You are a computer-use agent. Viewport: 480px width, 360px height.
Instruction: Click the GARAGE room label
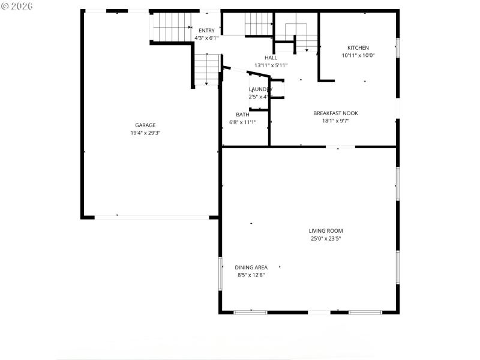pyautogui.click(x=145, y=125)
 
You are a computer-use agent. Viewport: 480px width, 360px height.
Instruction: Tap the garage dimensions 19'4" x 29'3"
pyautogui.click(x=145, y=133)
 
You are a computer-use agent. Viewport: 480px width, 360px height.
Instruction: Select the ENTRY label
pyautogui.click(x=206, y=31)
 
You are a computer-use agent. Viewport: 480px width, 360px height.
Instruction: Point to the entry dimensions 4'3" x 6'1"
pyautogui.click(x=206, y=38)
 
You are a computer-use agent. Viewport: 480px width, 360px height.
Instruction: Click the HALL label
pyautogui.click(x=271, y=58)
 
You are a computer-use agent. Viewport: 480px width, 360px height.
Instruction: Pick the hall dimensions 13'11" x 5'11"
pyautogui.click(x=271, y=65)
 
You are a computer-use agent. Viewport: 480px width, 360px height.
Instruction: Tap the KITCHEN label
pyautogui.click(x=358, y=48)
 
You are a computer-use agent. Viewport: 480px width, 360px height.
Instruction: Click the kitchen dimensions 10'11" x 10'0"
pyautogui.click(x=358, y=56)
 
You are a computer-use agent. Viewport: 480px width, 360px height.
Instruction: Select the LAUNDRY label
pyautogui.click(x=260, y=89)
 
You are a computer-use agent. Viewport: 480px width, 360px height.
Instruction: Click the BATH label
pyautogui.click(x=242, y=115)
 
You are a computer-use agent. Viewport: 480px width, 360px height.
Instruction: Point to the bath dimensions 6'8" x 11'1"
pyautogui.click(x=242, y=122)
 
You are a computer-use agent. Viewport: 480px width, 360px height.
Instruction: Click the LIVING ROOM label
pyautogui.click(x=326, y=230)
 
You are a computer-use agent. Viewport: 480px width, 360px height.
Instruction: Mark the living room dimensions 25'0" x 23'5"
pyautogui.click(x=326, y=239)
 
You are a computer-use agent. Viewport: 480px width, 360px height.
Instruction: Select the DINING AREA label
pyautogui.click(x=251, y=268)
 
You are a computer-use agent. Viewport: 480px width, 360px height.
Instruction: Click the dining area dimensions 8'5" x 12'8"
pyautogui.click(x=251, y=275)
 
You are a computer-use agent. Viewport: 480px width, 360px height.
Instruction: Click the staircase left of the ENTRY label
pyautogui.click(x=170, y=28)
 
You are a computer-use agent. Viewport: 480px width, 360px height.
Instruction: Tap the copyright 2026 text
pyautogui.click(x=17, y=5)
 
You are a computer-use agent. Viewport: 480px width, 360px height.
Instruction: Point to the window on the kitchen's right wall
pyautogui.click(x=397, y=48)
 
